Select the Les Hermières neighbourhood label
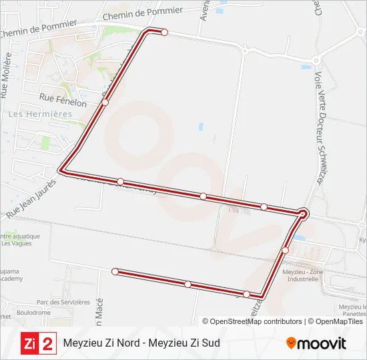[x=39, y=114]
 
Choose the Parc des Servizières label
[x=63, y=302]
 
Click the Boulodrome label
[x=34, y=312]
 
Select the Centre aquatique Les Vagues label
[x=20, y=239]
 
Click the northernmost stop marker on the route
[x=164, y=32]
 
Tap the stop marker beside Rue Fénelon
[x=105, y=102]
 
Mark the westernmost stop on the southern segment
[x=115, y=271]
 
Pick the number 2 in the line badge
[x=48, y=343]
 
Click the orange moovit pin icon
[x=291, y=343]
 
